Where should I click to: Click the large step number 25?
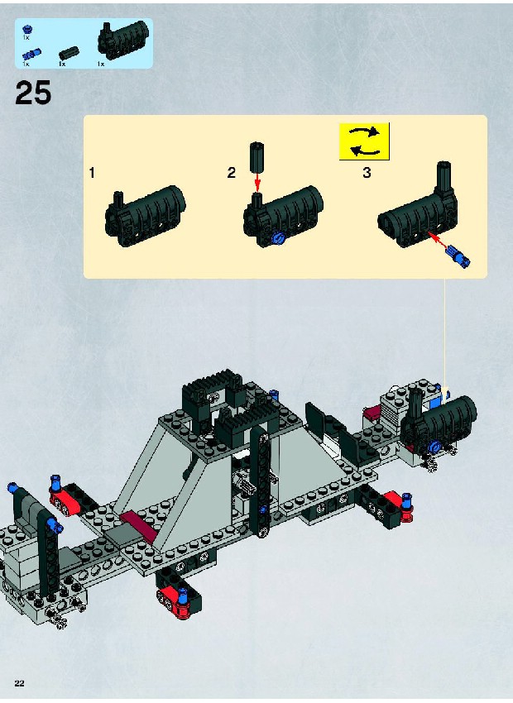(x=33, y=93)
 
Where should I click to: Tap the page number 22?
(x=19, y=683)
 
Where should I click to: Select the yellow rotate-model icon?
(x=364, y=141)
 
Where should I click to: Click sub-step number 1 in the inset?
(x=92, y=173)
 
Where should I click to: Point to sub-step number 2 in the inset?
(x=232, y=173)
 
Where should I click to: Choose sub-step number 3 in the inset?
(x=367, y=173)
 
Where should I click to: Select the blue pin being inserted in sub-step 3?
(x=458, y=255)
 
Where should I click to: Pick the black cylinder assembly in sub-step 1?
(x=146, y=216)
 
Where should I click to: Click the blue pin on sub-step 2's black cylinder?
(x=279, y=238)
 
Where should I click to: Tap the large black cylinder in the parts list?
(x=123, y=41)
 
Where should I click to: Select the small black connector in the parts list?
(x=69, y=53)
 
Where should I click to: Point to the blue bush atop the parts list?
(x=27, y=30)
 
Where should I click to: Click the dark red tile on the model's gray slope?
(x=138, y=524)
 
